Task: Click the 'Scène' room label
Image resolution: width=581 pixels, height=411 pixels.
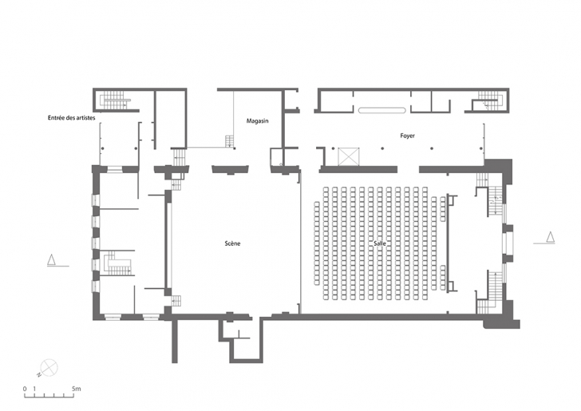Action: (232, 243)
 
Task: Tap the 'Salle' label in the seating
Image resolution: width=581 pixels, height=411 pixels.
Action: (380, 243)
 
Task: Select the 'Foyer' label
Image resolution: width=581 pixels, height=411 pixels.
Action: (407, 136)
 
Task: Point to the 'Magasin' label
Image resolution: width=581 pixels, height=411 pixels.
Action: (258, 121)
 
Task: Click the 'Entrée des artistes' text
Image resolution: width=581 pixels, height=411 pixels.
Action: (72, 118)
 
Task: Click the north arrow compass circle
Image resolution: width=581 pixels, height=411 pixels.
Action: (49, 368)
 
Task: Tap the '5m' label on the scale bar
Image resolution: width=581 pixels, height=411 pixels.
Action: (77, 389)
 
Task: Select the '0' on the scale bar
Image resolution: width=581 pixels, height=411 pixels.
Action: (25, 389)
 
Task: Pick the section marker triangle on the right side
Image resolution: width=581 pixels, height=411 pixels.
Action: (551, 237)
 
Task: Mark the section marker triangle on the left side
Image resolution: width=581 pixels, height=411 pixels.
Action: (52, 260)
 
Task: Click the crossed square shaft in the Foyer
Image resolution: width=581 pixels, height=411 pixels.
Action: (349, 156)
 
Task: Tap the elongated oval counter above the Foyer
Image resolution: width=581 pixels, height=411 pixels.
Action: (382, 110)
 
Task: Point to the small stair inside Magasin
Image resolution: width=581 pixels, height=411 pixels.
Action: (230, 141)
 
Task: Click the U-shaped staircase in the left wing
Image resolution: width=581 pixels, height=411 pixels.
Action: (118, 263)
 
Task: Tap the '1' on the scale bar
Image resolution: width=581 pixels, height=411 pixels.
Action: (34, 389)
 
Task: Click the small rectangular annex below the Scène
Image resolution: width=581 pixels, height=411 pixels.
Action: (243, 339)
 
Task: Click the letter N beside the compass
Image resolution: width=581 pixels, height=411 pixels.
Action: (38, 375)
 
